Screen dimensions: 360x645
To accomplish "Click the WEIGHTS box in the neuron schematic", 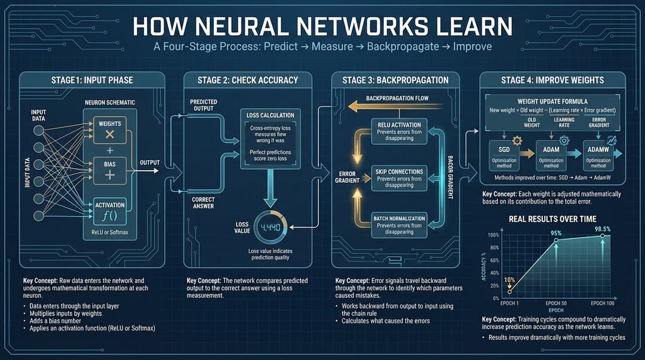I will coord(110,130).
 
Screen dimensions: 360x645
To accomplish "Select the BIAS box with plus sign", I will coord(110,170).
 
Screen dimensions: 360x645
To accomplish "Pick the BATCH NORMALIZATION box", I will coord(400,224).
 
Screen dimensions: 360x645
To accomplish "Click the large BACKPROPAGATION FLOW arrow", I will coord(388,106).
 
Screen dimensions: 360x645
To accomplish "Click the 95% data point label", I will coord(555,233).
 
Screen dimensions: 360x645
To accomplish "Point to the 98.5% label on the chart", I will coord(602,229).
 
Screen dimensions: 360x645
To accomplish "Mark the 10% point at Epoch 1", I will coord(509,279).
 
